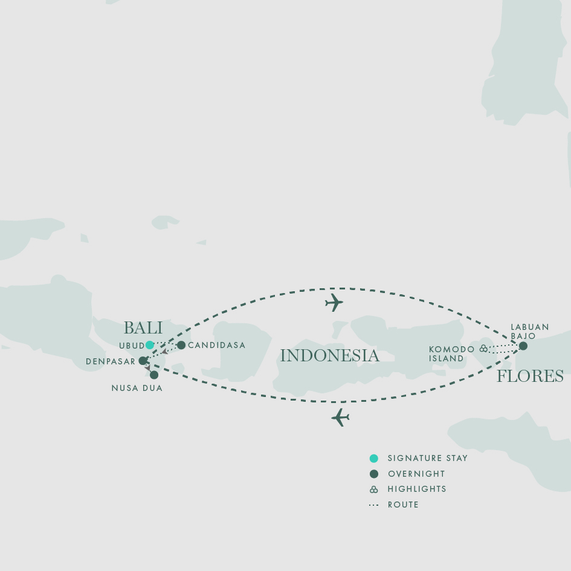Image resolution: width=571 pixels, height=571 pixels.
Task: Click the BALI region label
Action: tap(143, 328)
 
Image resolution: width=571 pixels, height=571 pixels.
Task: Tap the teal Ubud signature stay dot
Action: tap(150, 345)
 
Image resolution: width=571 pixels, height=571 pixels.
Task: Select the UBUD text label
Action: tap(132, 346)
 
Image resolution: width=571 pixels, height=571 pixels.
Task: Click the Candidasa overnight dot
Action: tap(181, 345)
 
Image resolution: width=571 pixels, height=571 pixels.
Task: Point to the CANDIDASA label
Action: tap(217, 346)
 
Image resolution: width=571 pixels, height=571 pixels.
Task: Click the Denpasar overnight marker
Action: tap(143, 361)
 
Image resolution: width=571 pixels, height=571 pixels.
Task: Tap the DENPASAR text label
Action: tap(111, 362)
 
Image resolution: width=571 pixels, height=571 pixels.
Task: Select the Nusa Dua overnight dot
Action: tap(154, 375)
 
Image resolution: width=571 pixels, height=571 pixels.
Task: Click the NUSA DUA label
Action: tap(137, 389)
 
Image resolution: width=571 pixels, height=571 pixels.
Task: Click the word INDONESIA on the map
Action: tap(329, 356)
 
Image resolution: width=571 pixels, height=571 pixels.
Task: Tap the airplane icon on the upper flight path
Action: tap(334, 303)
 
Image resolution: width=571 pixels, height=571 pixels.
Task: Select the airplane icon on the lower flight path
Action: tap(340, 418)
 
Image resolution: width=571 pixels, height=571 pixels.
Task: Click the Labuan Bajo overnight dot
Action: tap(523, 346)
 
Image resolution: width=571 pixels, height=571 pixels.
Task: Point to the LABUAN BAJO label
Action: tap(530, 332)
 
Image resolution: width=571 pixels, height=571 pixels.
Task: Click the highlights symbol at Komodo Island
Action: tap(483, 349)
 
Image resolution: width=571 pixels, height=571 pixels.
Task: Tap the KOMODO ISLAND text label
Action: tap(451, 354)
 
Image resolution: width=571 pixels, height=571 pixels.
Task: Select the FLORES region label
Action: tap(530, 376)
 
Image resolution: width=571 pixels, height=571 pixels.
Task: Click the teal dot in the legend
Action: tap(374, 459)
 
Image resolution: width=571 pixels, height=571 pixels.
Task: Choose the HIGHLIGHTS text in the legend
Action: tap(417, 489)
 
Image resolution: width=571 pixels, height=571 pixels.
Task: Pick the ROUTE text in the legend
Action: tap(403, 505)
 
